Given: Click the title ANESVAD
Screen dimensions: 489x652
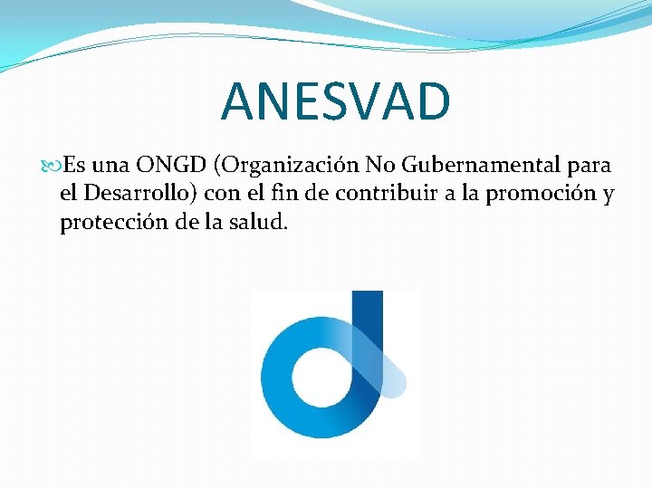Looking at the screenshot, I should (335, 101).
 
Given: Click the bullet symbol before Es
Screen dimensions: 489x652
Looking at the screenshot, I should (53, 166).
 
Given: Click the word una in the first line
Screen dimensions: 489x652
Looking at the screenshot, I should (110, 166).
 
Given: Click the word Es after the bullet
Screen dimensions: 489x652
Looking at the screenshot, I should (75, 165).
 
